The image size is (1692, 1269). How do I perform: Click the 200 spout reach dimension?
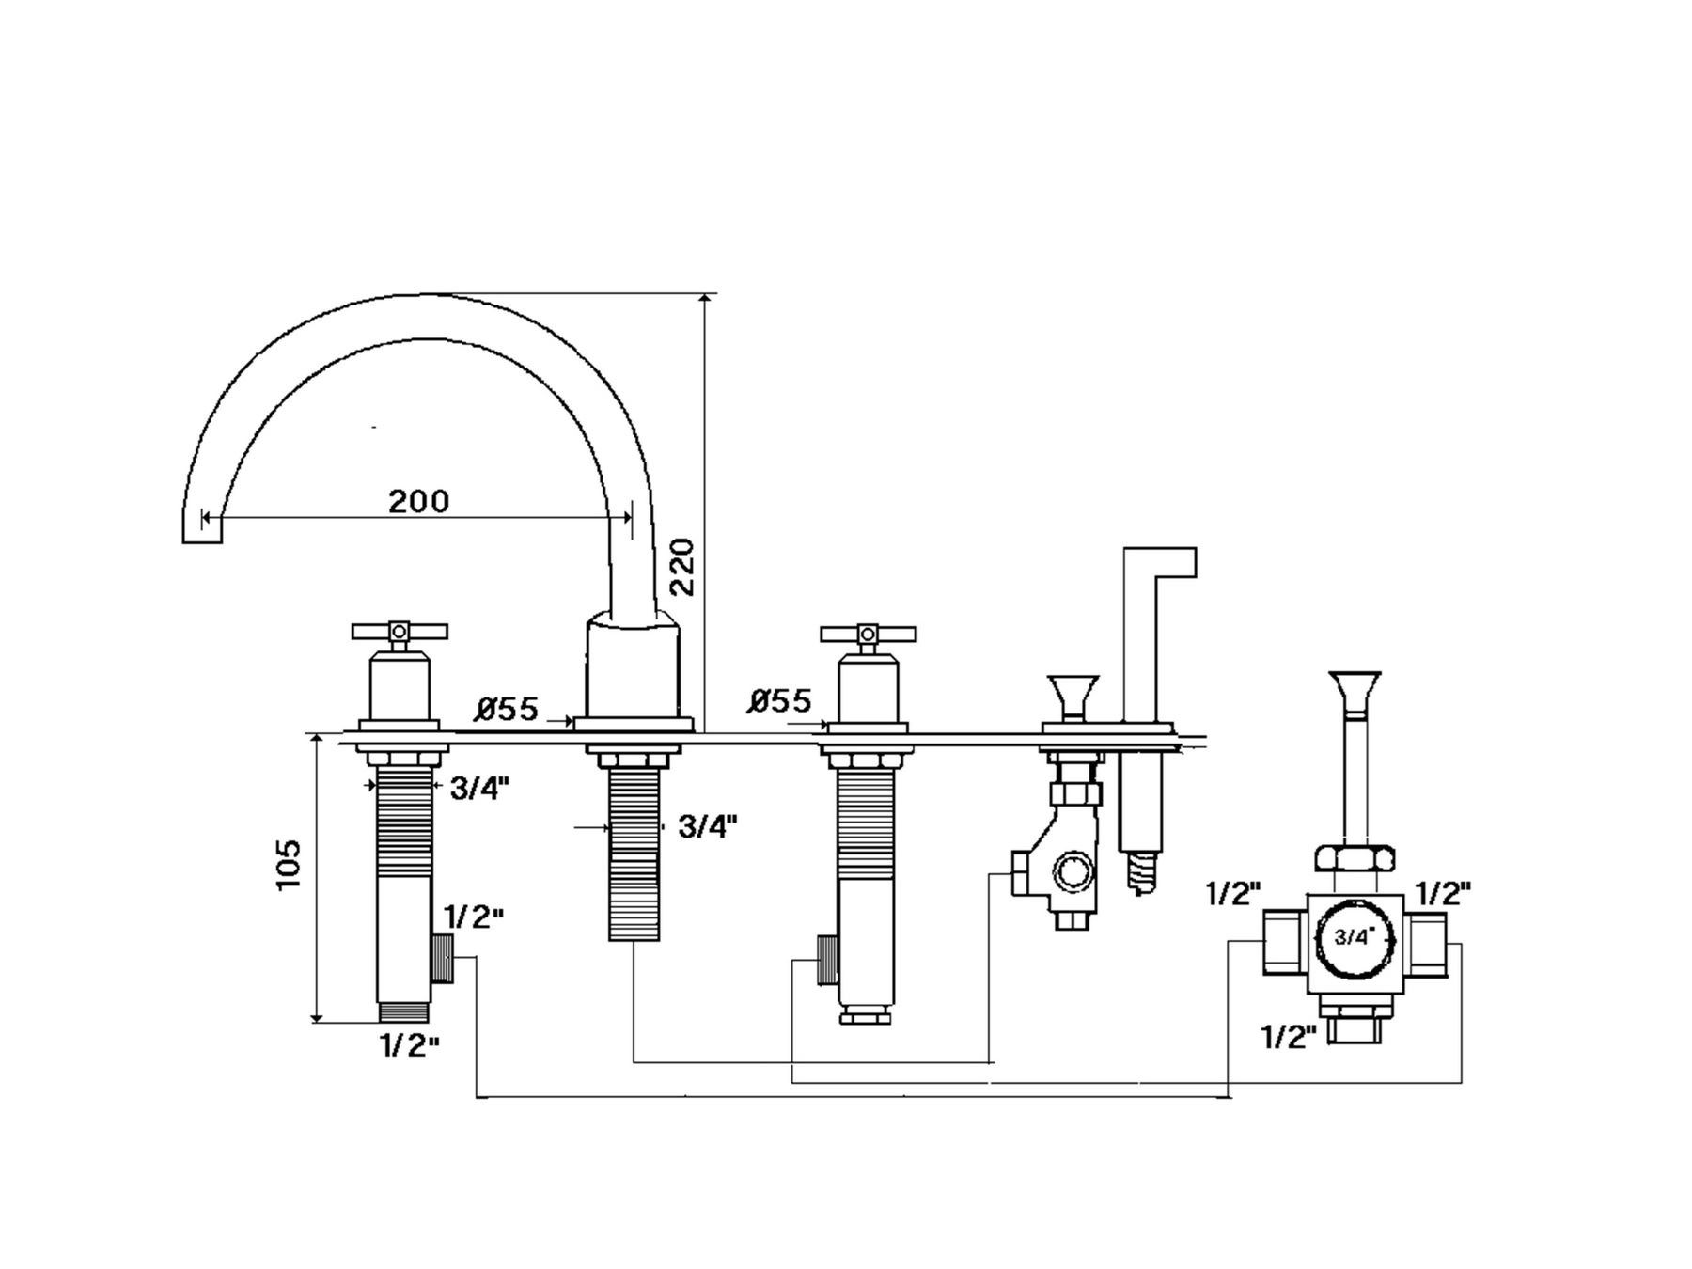(419, 501)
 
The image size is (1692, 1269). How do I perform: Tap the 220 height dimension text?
(681, 566)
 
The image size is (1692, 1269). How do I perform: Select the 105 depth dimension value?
(290, 864)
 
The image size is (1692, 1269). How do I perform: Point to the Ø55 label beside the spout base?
(508, 709)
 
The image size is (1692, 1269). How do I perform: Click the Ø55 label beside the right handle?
(780, 700)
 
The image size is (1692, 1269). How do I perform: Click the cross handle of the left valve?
(398, 631)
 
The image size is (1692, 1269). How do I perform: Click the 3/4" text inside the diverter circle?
(1354, 936)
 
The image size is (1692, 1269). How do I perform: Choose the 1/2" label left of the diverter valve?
(1233, 893)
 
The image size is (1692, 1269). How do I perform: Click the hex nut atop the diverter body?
(1355, 858)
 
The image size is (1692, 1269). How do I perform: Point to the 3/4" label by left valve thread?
(479, 788)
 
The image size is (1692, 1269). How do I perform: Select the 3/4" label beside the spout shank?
(707, 826)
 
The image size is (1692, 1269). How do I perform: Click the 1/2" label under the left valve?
(409, 1044)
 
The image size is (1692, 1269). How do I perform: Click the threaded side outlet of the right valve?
(827, 960)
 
